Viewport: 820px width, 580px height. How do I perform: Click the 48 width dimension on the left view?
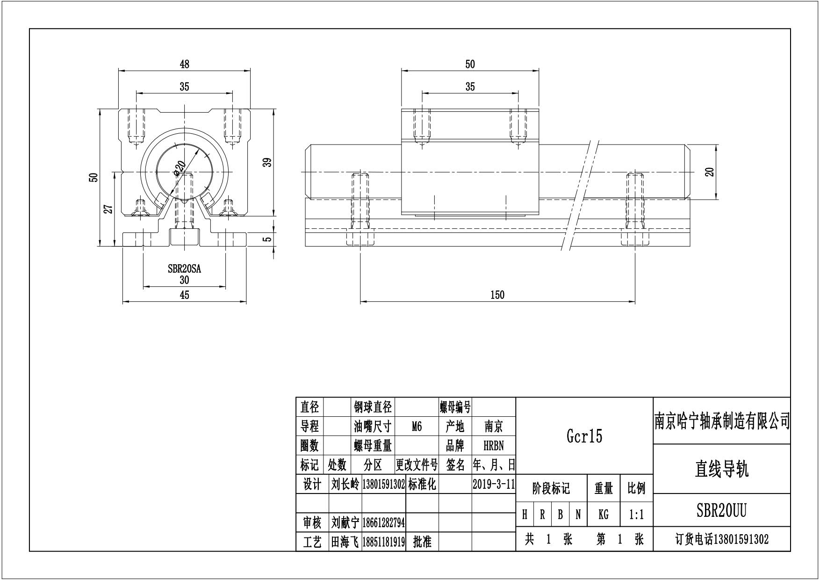point(184,64)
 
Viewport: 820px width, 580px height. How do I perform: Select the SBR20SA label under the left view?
point(184,269)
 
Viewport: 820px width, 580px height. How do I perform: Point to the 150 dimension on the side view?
point(497,295)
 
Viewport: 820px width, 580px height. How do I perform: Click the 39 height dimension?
point(267,163)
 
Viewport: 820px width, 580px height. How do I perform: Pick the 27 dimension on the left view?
point(108,209)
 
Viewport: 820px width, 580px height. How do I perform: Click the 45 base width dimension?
point(184,295)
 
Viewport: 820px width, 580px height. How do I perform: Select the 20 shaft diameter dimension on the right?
point(710,172)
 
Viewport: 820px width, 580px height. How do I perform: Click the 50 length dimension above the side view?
point(470,64)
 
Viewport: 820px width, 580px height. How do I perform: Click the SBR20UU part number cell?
point(721,511)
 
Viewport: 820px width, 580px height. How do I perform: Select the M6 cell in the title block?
point(417,427)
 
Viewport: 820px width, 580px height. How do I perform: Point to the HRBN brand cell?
point(494,446)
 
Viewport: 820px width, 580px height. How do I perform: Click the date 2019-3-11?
point(494,484)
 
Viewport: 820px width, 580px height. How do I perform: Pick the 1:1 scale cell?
point(636,515)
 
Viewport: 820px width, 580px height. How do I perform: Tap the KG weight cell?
point(603,515)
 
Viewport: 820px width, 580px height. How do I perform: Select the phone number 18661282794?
point(383,522)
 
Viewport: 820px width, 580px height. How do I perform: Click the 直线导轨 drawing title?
point(721,469)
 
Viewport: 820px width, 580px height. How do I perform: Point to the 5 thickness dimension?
point(267,239)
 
